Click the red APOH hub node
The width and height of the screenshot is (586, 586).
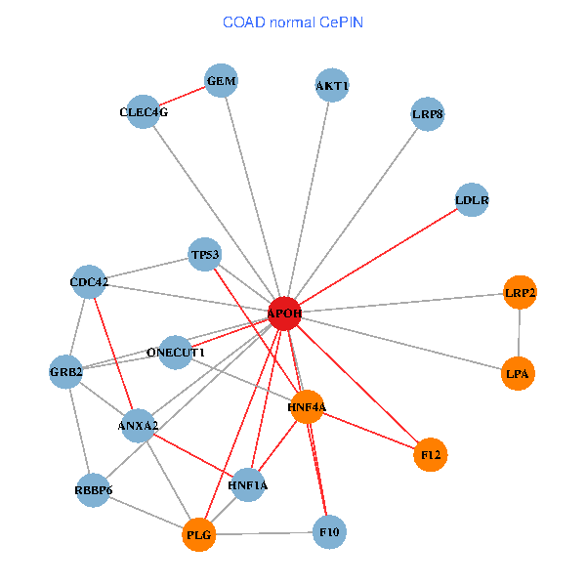[x=284, y=314]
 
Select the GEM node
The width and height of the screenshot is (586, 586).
[x=223, y=81]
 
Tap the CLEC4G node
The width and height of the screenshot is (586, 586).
[x=145, y=112]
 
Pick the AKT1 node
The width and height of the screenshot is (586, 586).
[x=332, y=86]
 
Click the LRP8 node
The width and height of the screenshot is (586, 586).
[x=428, y=114]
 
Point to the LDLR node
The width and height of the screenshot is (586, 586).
[x=472, y=200]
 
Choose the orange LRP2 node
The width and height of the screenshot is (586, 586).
[x=520, y=292]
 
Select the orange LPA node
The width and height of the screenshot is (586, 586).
[x=518, y=373]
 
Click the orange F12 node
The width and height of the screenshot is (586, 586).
[x=431, y=454]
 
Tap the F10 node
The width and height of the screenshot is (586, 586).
[x=329, y=532]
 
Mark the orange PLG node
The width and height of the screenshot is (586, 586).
[x=199, y=534]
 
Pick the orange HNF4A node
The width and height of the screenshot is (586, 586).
[x=307, y=406]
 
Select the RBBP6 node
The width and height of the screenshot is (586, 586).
[x=94, y=489]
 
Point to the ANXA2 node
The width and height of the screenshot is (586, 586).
[x=139, y=426]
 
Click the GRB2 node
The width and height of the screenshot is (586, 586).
[x=66, y=372]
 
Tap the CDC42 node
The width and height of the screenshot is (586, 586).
[x=89, y=283]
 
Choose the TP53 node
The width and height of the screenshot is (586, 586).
[x=205, y=256]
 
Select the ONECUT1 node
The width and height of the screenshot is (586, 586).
[x=176, y=352]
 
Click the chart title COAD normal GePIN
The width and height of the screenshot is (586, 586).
[x=293, y=21]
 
